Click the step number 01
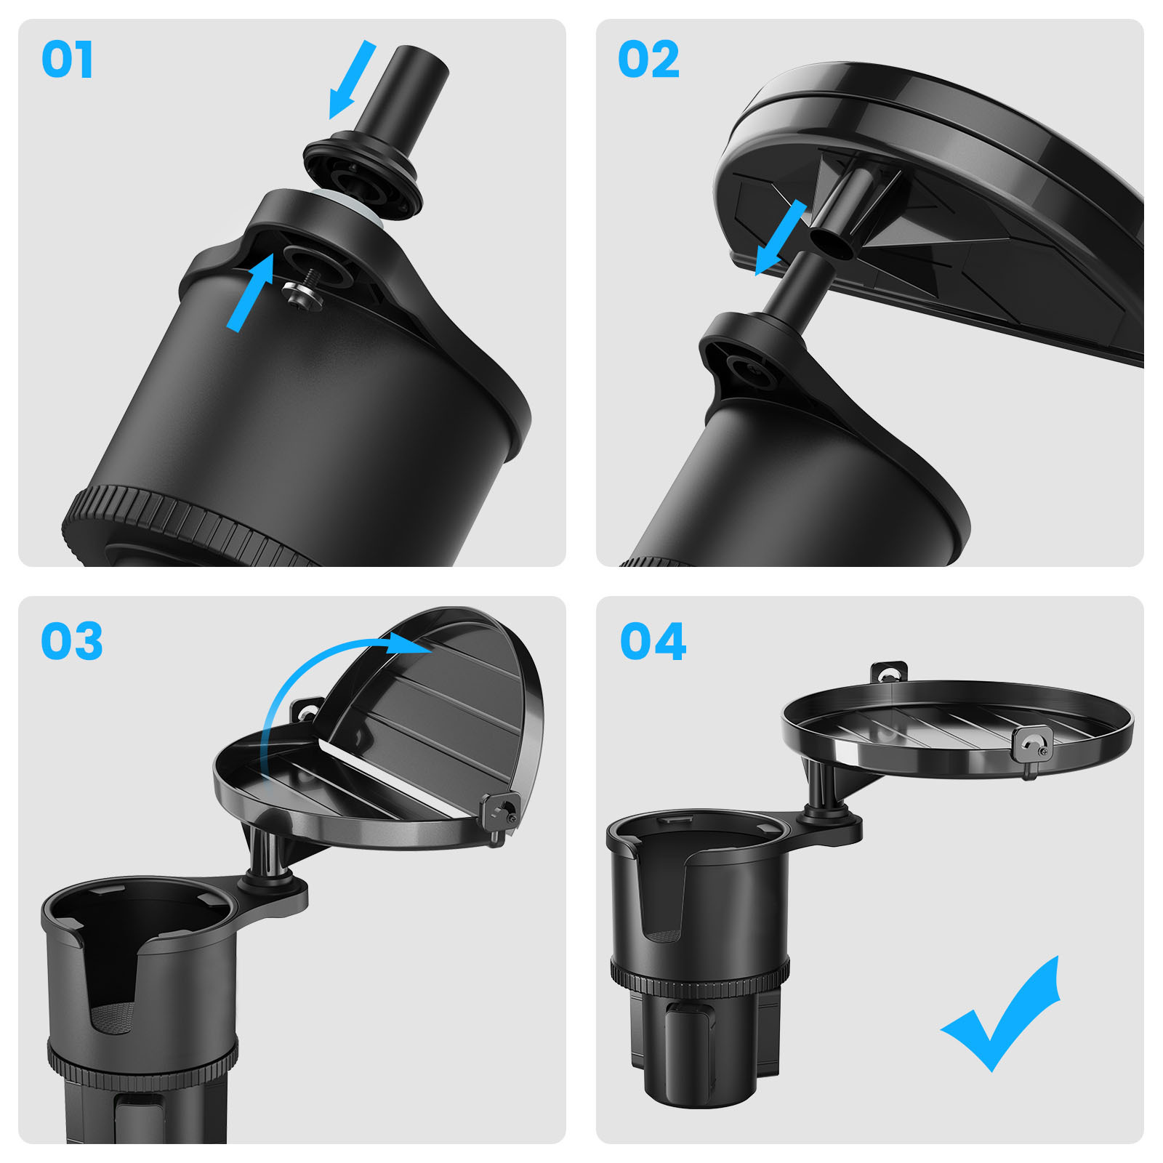[67, 60]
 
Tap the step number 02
[648, 60]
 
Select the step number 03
[71, 641]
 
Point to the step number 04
[653, 641]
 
